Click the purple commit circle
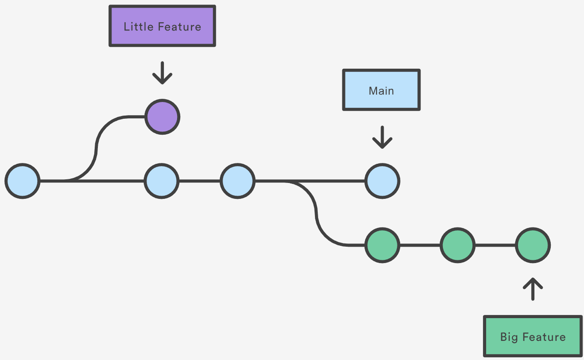(x=163, y=117)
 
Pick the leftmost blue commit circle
(x=22, y=181)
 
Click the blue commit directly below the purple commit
(x=162, y=181)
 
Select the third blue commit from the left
(x=237, y=181)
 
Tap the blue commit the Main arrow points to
(x=382, y=181)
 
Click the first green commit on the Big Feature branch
(x=382, y=245)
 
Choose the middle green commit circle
(x=457, y=245)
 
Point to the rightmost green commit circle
(x=533, y=245)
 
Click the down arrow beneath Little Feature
(x=162, y=73)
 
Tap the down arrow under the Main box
(x=382, y=137)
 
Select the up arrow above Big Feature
(x=533, y=289)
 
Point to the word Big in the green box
(x=509, y=337)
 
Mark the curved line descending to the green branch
(x=316, y=214)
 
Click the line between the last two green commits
(x=495, y=245)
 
